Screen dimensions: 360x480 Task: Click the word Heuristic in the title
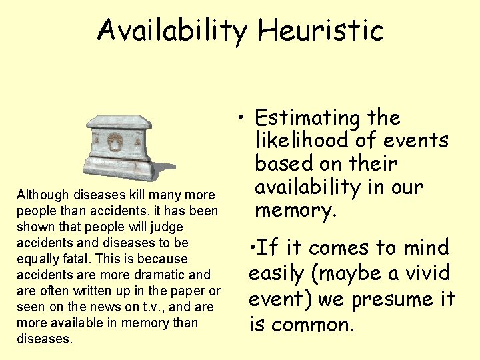click(321, 30)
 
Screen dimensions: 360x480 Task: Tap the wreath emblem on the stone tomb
click(115, 142)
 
